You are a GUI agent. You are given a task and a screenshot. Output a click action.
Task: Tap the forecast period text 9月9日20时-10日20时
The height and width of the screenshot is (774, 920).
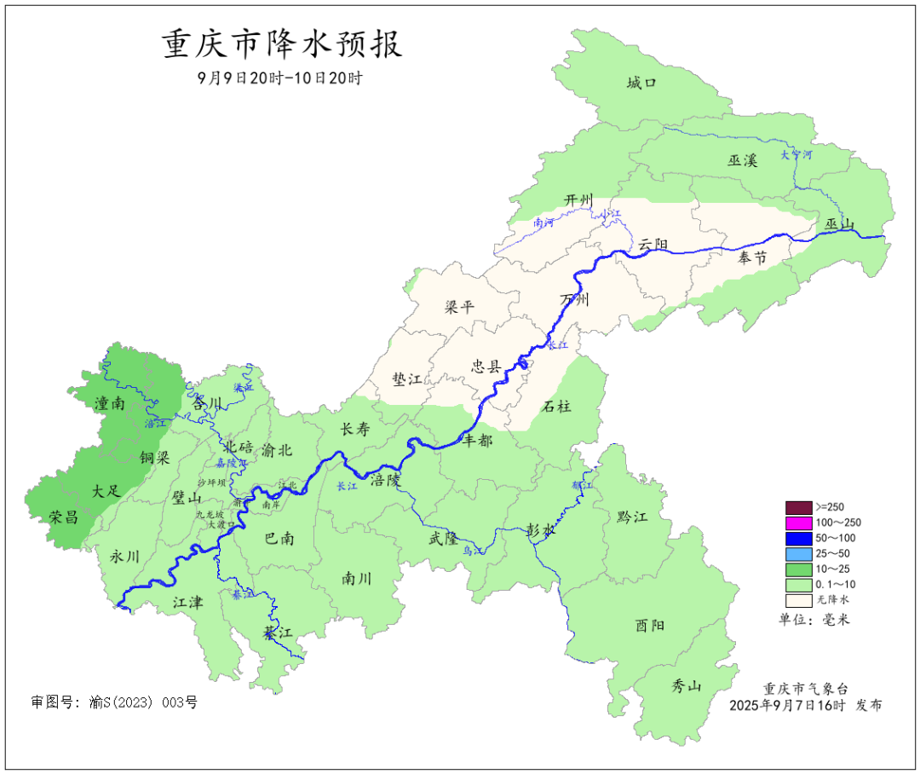(x=280, y=78)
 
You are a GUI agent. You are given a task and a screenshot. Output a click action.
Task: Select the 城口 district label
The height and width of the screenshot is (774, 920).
(x=641, y=83)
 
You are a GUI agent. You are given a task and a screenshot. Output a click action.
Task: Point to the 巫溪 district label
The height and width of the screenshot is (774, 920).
(x=742, y=160)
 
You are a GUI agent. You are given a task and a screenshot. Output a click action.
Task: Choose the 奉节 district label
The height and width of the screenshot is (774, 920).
(x=752, y=256)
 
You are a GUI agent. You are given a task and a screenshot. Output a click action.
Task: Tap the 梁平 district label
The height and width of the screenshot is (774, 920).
(x=459, y=307)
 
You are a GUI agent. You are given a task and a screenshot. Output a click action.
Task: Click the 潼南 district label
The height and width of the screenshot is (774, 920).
(x=111, y=404)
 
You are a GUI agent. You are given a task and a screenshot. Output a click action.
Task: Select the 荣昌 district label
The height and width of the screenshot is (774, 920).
(x=63, y=517)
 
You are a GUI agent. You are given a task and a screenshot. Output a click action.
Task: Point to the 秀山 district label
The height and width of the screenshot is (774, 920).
(x=686, y=686)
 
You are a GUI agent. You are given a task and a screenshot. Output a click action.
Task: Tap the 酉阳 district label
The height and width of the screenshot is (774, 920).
(x=650, y=625)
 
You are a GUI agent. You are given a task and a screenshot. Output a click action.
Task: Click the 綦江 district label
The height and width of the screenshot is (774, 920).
(x=277, y=633)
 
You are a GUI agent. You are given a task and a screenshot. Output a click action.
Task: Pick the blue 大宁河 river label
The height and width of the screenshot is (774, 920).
(x=796, y=156)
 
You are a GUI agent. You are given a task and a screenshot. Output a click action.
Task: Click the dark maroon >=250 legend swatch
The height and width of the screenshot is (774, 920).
(x=798, y=507)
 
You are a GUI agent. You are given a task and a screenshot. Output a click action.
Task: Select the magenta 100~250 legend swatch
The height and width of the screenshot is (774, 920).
(x=798, y=523)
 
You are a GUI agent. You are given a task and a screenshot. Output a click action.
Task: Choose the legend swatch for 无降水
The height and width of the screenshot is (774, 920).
(x=798, y=600)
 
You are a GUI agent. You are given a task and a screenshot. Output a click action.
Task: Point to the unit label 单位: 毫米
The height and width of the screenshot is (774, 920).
(x=814, y=619)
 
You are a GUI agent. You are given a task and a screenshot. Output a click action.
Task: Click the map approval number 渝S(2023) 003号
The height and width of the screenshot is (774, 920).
(x=114, y=702)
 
